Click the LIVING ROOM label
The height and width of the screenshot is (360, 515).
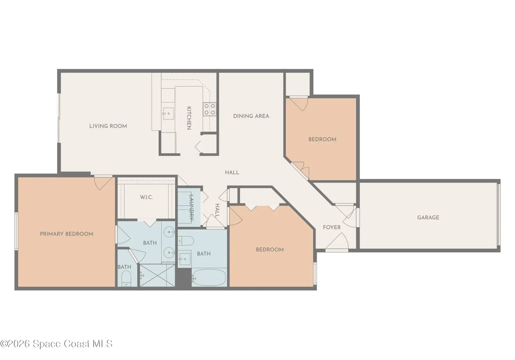pos(108,126)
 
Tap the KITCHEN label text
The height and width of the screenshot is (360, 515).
pos(189,118)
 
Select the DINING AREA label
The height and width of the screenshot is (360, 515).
pos(251,116)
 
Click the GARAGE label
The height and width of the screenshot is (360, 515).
pos(428,217)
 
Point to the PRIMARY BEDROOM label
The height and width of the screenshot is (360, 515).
pos(66,234)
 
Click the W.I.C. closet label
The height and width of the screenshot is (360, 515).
pos(146,197)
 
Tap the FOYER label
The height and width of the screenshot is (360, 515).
pos(332,227)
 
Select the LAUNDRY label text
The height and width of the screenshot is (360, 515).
pos(191,208)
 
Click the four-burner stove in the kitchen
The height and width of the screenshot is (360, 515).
pos(210,109)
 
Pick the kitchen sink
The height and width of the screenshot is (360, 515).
pos(168,114)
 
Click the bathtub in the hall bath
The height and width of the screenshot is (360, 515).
pos(209,278)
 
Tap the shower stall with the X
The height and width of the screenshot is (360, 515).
pos(157,275)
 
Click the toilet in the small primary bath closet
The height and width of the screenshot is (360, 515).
pos(126,278)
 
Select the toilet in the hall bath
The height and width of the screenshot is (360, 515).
pos(186,241)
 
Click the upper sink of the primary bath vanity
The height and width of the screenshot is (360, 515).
pos(169,232)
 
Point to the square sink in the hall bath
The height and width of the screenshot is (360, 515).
pos(185,259)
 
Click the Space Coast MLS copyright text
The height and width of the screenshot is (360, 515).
pos(56,344)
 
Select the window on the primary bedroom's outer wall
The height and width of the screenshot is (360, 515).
pos(16,231)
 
